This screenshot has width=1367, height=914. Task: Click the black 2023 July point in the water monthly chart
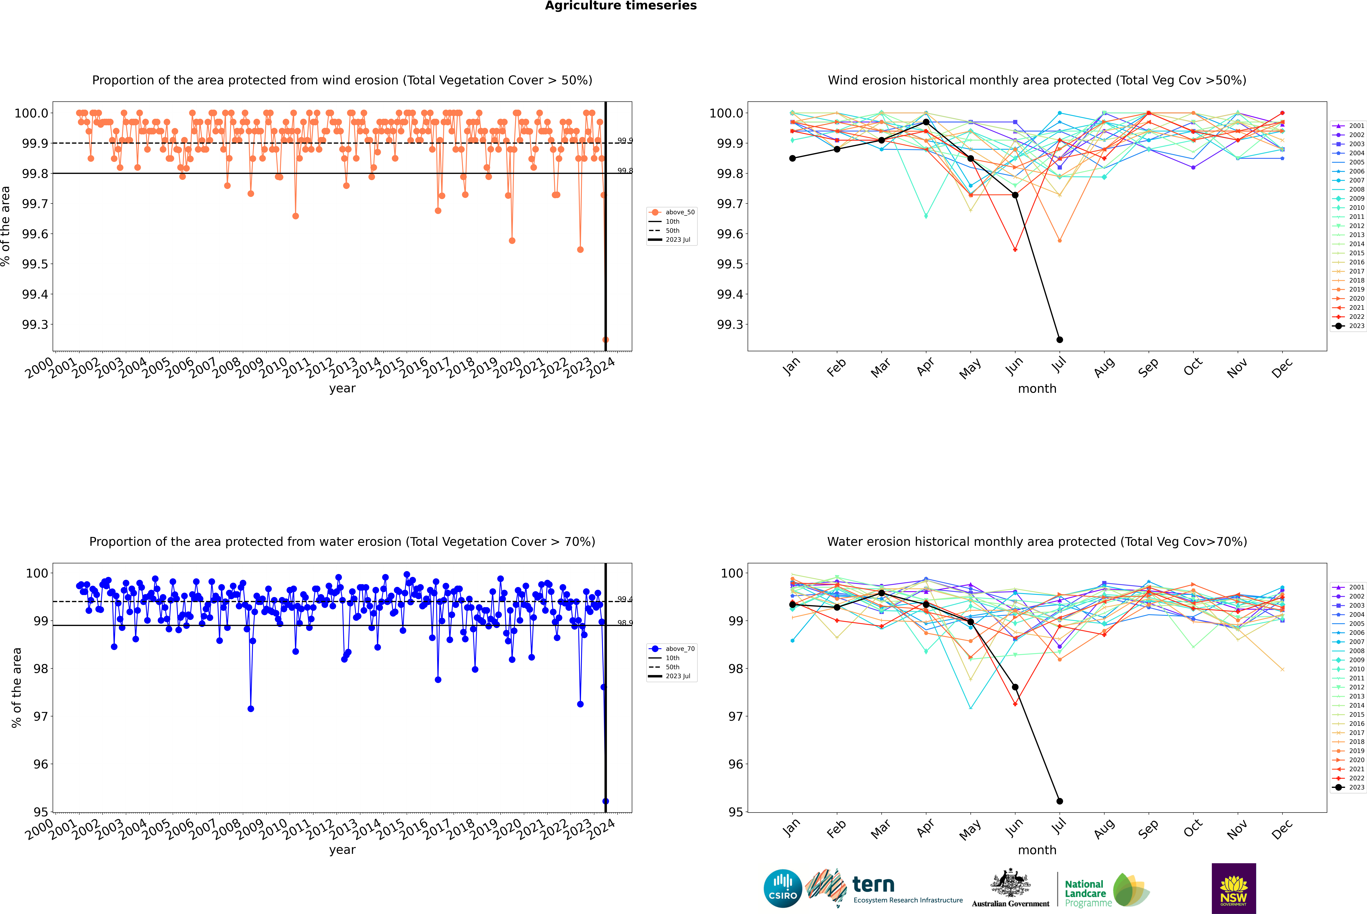(1059, 801)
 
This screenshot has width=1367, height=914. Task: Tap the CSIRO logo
(783, 888)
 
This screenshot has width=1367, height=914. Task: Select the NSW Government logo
(1234, 888)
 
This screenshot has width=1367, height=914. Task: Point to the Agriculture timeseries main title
(621, 6)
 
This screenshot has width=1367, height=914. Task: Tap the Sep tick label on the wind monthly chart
(1148, 368)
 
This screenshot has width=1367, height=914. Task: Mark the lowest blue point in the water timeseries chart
(605, 801)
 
